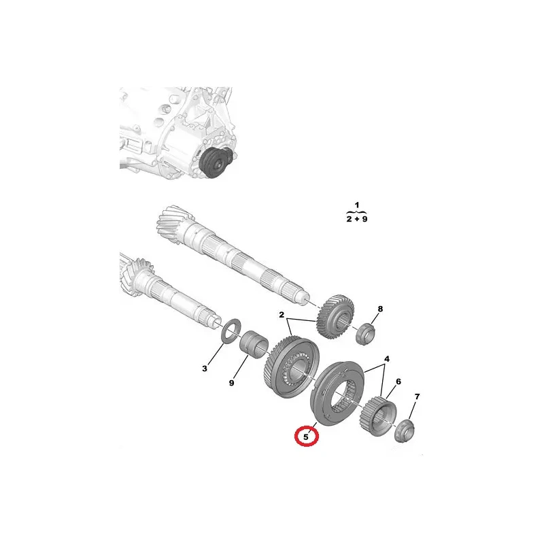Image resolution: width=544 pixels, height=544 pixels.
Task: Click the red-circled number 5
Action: click(x=305, y=437)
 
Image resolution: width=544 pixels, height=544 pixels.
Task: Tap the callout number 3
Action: click(x=205, y=368)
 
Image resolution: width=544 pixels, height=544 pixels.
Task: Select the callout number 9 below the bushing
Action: click(x=231, y=383)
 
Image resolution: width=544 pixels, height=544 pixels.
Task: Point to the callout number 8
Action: click(x=380, y=309)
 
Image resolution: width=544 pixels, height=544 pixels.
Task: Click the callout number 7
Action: click(x=417, y=396)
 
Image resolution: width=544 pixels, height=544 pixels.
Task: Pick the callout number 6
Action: click(x=398, y=381)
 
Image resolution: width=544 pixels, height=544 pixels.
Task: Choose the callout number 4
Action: click(x=386, y=358)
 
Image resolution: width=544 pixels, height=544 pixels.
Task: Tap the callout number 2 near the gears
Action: click(x=282, y=315)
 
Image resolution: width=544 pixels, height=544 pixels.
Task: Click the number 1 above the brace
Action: click(x=357, y=205)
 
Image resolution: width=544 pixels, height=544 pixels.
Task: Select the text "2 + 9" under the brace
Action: click(x=356, y=219)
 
